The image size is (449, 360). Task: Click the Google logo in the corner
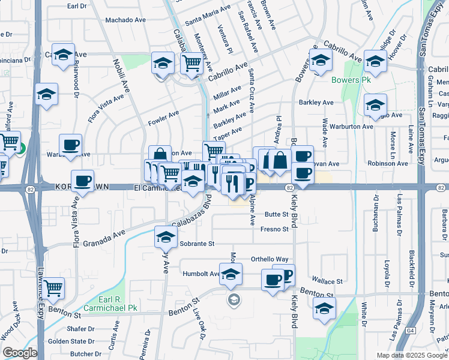point(20,353)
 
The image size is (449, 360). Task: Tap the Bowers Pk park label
point(351,80)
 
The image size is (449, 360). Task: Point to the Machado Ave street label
point(126,20)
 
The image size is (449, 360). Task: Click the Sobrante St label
point(196,244)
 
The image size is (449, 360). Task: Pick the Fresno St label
point(276,229)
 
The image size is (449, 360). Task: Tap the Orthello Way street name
point(270,259)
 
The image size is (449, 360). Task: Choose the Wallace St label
point(327,281)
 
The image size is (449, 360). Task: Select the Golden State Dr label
point(68,341)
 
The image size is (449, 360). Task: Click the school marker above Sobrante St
point(166,236)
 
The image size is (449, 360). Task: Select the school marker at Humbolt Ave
point(231,275)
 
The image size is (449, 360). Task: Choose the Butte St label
point(277,214)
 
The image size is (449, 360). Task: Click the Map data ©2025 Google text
point(412,355)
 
